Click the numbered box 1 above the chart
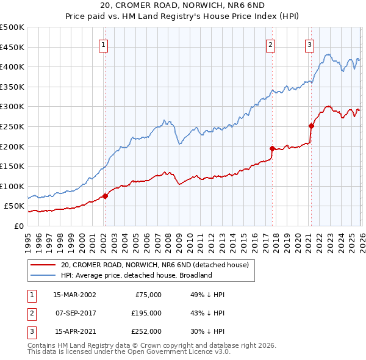pyautogui.click(x=104, y=44)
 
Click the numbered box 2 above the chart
pyautogui.click(x=270, y=44)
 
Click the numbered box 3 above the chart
pyautogui.click(x=309, y=44)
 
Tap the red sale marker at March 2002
pyautogui.click(x=105, y=196)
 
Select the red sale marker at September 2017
pyautogui.click(x=272, y=148)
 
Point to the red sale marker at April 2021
pyautogui.click(x=311, y=126)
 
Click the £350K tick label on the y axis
pyautogui.click(x=12, y=87)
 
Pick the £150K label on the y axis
pyautogui.click(x=12, y=167)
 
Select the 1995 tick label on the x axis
pyautogui.click(x=28, y=237)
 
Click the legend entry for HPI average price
pyautogui.click(x=136, y=275)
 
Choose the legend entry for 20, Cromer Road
pyautogui.click(x=154, y=265)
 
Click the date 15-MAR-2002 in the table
pyautogui.click(x=74, y=294)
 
